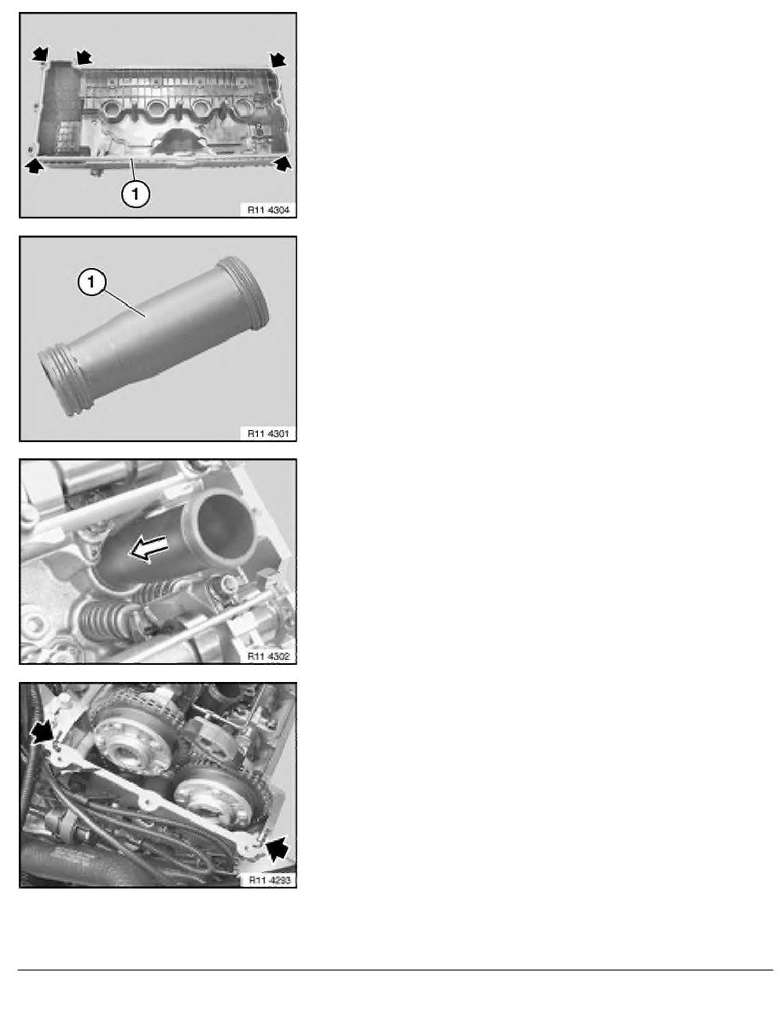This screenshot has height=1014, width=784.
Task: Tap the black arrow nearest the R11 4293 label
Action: point(276,850)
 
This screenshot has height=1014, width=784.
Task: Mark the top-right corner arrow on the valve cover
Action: point(278,59)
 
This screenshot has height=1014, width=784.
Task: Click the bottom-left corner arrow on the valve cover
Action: point(33,166)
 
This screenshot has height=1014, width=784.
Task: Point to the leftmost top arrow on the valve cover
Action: point(40,54)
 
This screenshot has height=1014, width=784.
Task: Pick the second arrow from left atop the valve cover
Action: point(83,56)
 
